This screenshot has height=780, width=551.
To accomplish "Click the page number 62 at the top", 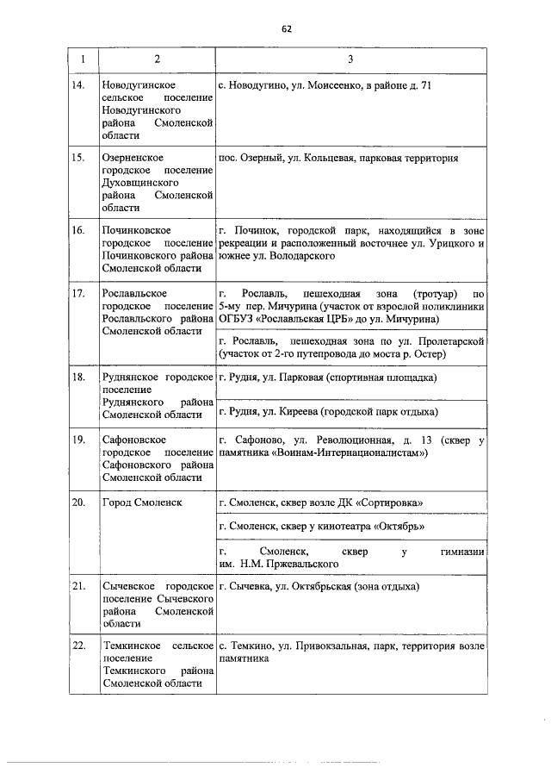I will (288, 28).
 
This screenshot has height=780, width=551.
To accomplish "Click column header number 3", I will (350, 59).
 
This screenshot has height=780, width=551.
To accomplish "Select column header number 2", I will (157, 59).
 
